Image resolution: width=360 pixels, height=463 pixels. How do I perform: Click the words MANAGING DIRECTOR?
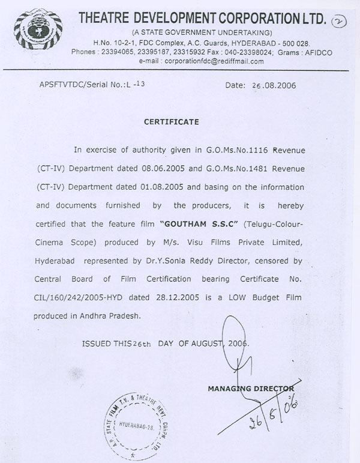point(251,389)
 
